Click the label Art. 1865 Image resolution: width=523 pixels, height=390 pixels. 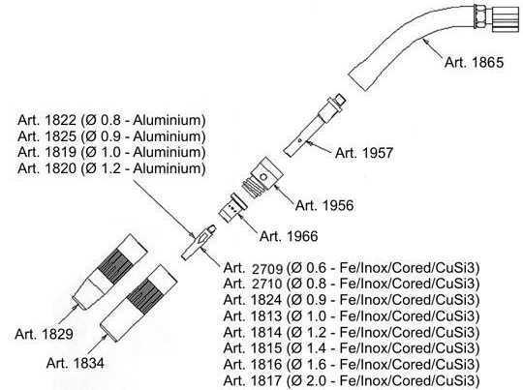tap(474, 62)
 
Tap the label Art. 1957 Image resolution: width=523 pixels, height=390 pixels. tap(364, 153)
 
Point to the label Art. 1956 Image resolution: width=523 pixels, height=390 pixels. tap(324, 205)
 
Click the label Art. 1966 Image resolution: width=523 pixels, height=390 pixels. tap(289, 236)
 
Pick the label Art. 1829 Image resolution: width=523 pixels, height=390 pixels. tap(44, 334)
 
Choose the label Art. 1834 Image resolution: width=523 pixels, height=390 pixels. tap(75, 363)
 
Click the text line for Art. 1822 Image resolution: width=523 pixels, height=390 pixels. tap(111, 120)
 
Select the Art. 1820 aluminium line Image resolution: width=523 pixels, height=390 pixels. tap(111, 168)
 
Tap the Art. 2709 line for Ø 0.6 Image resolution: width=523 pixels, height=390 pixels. tap(352, 268)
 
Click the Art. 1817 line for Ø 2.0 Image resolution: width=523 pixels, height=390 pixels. tap(352, 380)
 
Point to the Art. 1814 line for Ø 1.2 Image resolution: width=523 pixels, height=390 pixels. tap(352, 332)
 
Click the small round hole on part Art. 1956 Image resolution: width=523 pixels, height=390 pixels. tap(263, 176)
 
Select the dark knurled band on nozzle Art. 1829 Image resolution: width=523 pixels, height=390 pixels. tap(113, 266)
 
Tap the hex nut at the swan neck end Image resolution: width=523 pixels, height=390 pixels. tap(479, 17)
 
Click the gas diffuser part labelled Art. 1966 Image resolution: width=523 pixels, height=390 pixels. tap(232, 208)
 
